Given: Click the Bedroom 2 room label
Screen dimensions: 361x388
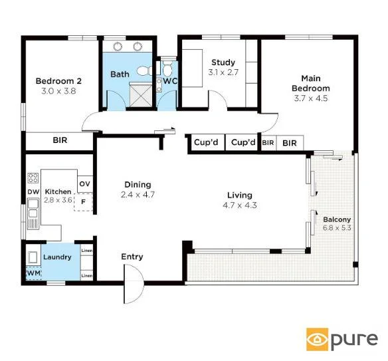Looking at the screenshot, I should click(54, 82).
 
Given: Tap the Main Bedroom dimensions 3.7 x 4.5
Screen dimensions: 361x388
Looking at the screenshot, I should click(311, 98).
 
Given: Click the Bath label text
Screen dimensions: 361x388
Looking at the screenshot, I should click(120, 74).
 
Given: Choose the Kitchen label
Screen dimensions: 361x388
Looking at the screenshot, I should click(57, 191).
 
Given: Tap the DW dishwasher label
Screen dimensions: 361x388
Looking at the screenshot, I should click(33, 191).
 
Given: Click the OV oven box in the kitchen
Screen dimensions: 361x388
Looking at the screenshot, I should click(84, 183).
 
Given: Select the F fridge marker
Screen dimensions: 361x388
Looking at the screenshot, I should click(84, 201).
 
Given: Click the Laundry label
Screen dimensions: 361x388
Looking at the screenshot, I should click(57, 257).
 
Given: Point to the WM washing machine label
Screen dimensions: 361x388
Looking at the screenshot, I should click(33, 273).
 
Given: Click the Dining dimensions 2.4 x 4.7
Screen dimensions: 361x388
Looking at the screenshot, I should click(138, 195).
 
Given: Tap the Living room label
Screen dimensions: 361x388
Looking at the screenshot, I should click(240, 195).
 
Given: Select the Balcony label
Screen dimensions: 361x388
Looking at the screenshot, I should click(336, 219).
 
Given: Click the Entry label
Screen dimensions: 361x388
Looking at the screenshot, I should click(132, 257).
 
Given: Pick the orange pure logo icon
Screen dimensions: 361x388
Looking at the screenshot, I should click(318, 339).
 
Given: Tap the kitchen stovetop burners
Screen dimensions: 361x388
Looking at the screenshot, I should click(33, 178).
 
